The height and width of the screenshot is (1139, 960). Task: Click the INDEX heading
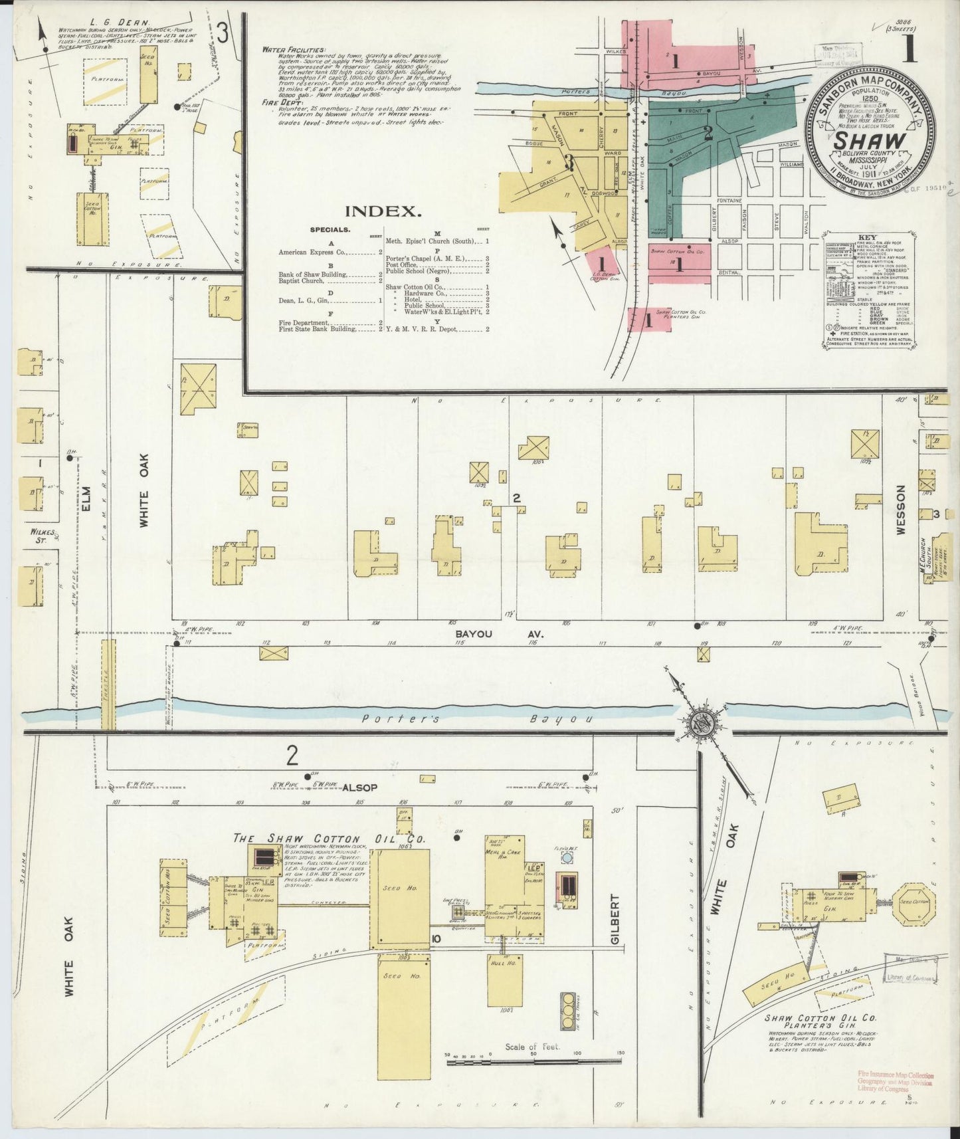pyautogui.click(x=383, y=211)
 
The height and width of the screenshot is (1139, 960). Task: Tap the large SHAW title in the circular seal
pyautogui.click(x=870, y=142)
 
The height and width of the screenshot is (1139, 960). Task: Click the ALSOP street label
pyautogui.click(x=359, y=787)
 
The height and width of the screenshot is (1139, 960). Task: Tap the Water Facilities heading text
pyautogui.click(x=294, y=50)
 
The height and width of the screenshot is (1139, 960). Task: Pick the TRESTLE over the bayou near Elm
pyautogui.click(x=108, y=684)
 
